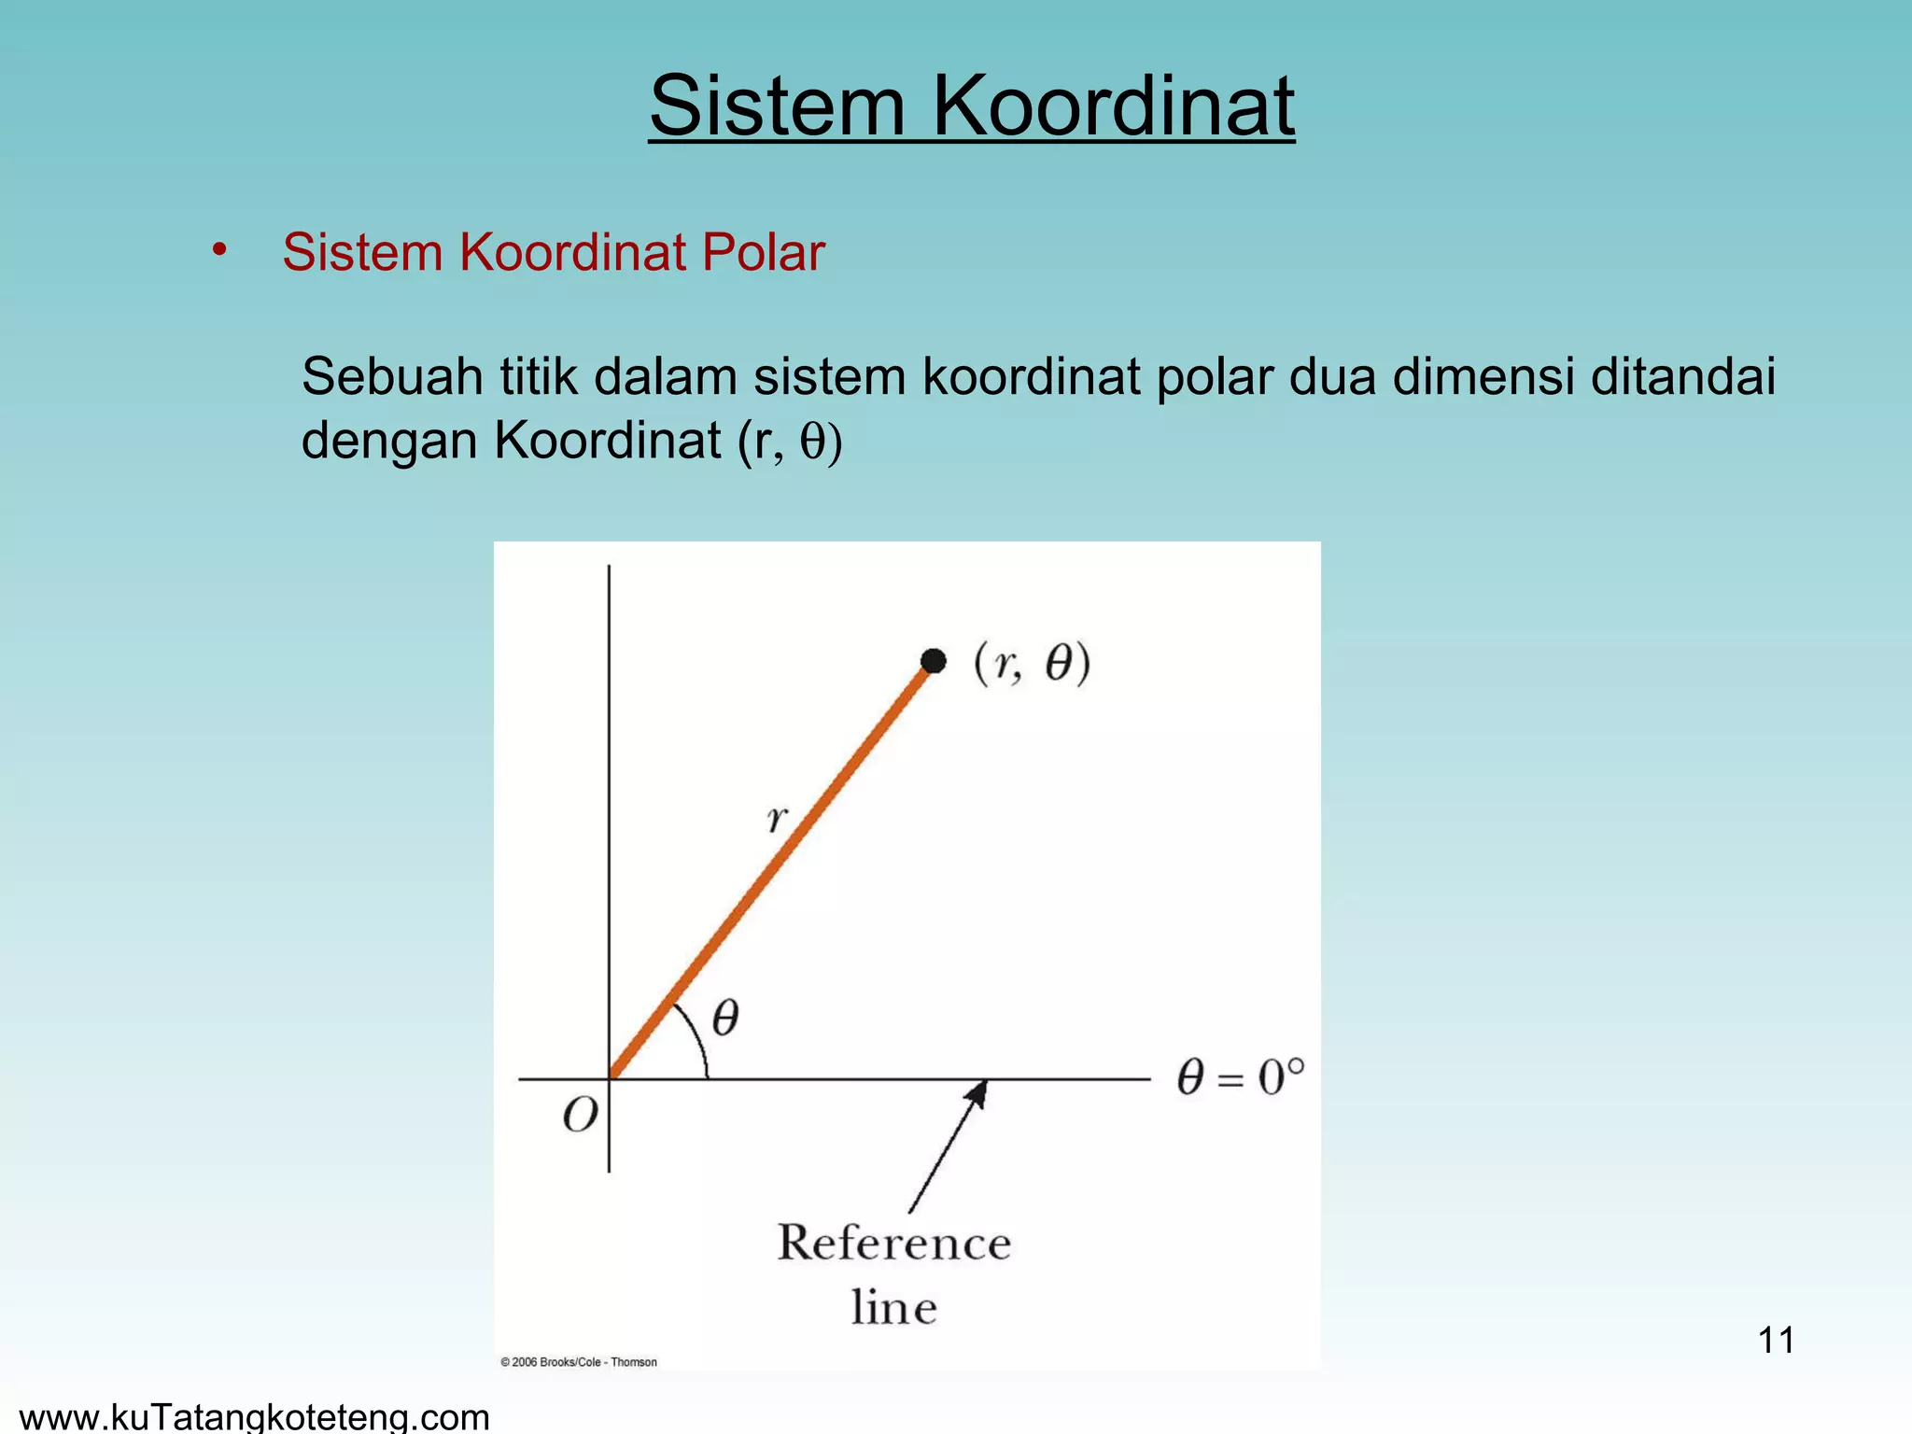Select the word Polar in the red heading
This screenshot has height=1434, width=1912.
[763, 252]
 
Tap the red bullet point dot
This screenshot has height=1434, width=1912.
[219, 250]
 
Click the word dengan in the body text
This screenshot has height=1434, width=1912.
[388, 441]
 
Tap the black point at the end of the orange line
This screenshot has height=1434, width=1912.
[933, 661]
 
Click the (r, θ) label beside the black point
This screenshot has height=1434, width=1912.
[1032, 664]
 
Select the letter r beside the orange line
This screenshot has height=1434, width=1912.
[777, 819]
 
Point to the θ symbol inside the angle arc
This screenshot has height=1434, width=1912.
[725, 1017]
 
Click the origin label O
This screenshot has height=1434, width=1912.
[580, 1115]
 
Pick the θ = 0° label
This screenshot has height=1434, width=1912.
[1240, 1077]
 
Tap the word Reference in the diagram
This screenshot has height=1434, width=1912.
[894, 1243]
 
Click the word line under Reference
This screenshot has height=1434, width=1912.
[893, 1307]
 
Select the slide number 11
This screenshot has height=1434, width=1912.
[1776, 1341]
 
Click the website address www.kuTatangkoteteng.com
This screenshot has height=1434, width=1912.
[254, 1417]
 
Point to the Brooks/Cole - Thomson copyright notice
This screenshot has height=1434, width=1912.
[579, 1362]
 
